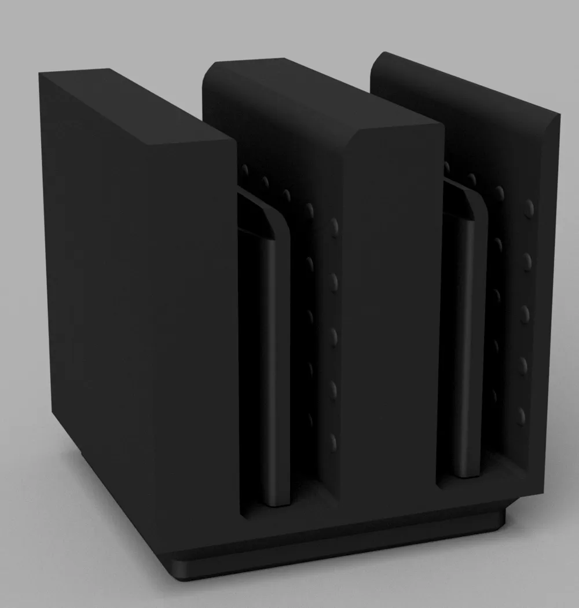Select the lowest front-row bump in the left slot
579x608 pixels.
(x=334, y=442)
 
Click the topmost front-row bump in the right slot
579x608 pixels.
(x=529, y=208)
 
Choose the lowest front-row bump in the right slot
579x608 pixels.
(x=522, y=415)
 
